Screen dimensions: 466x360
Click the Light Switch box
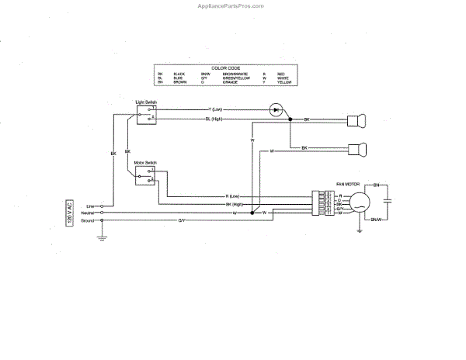tap(145, 112)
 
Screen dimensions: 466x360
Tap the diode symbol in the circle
tap(275, 109)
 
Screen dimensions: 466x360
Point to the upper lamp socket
tap(356, 119)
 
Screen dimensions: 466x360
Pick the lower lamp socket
tap(356, 147)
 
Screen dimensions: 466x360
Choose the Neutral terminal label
tap(88, 212)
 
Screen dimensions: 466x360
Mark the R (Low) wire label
tap(233, 196)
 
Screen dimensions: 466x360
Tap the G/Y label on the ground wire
tap(182, 220)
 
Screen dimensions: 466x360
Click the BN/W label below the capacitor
tap(377, 220)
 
